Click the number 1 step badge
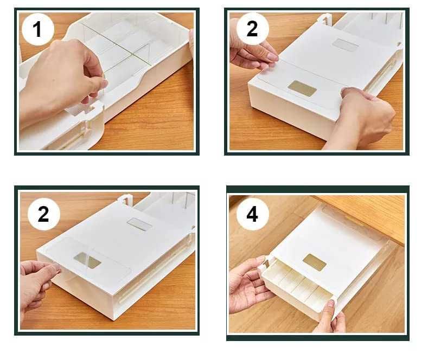click(37, 29)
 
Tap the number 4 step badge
click(252, 214)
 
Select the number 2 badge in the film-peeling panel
click(44, 214)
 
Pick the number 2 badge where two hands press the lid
click(252, 29)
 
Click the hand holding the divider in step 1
click(61, 78)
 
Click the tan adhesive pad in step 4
click(314, 262)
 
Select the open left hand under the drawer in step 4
click(249, 285)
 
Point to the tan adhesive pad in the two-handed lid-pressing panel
click(302, 88)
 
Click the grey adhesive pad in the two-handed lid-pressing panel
click(346, 45)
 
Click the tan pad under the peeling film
click(87, 260)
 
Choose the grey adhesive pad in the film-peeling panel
click(139, 224)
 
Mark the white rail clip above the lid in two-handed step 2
click(324, 20)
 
